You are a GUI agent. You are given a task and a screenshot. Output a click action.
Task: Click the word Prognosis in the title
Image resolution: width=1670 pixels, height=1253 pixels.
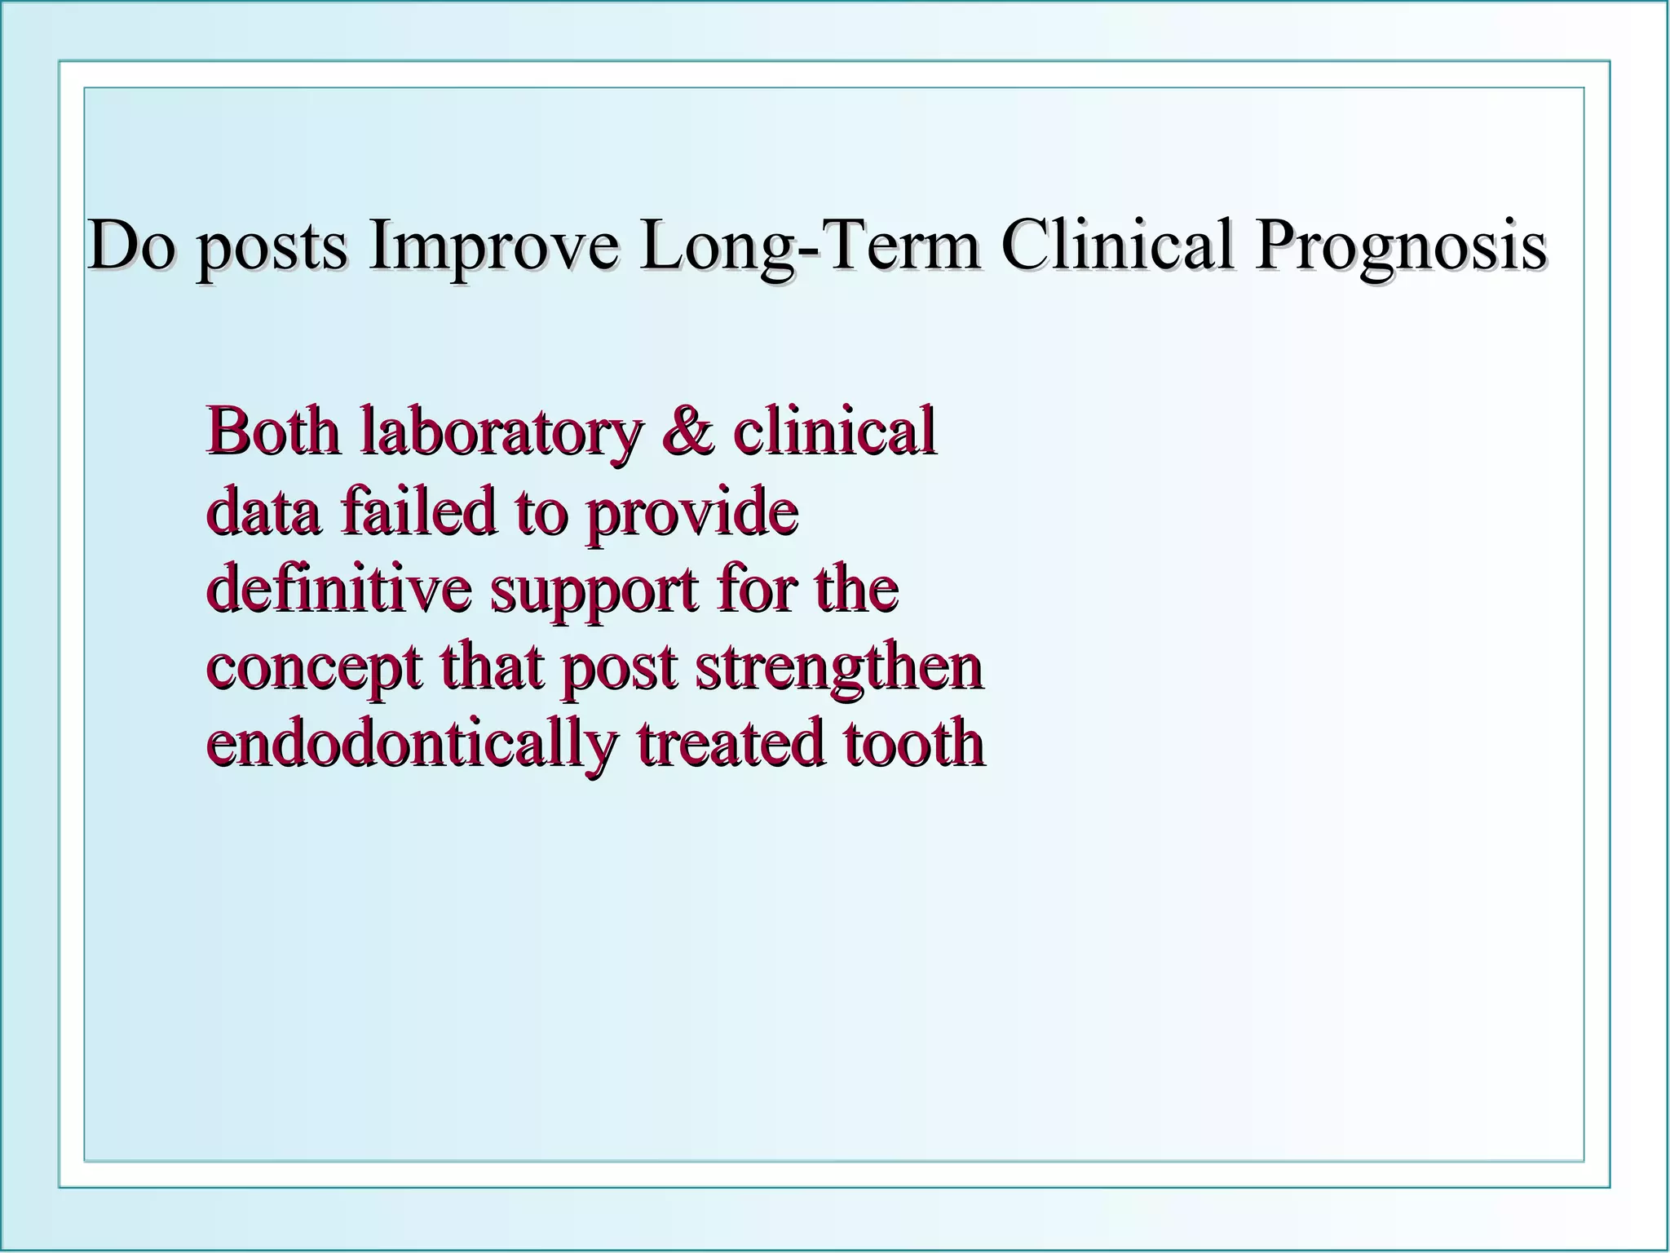click(1399, 246)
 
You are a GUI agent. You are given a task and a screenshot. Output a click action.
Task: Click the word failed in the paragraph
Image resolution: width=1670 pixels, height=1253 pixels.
click(417, 510)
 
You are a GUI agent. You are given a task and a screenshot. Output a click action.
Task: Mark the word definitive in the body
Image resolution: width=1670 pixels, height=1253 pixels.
click(338, 587)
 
